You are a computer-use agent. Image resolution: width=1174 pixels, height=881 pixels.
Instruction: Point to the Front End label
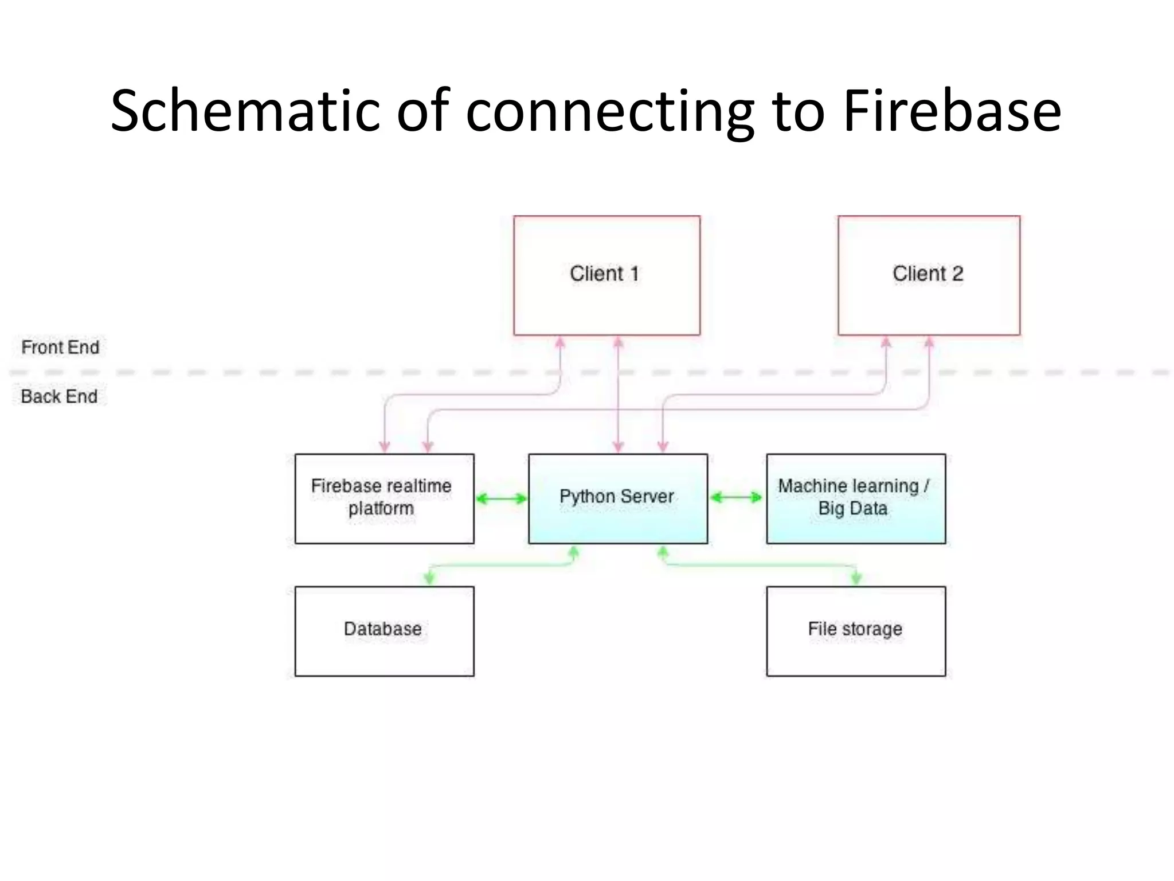pyautogui.click(x=60, y=347)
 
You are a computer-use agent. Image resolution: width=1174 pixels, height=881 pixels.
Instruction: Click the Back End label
pyautogui.click(x=59, y=396)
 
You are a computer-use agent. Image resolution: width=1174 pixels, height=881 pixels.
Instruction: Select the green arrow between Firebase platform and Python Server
pyautogui.click(x=501, y=498)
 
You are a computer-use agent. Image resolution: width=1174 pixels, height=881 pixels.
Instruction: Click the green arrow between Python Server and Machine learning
pyautogui.click(x=737, y=497)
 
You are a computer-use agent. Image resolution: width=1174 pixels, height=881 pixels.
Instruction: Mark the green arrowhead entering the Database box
pyautogui.click(x=429, y=578)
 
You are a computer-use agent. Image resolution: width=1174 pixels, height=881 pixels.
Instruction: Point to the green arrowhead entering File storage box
pyautogui.click(x=856, y=578)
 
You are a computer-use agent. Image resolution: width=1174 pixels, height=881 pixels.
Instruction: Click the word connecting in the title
pyautogui.click(x=610, y=112)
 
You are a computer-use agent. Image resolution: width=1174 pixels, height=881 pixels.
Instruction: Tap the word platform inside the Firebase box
pyautogui.click(x=381, y=509)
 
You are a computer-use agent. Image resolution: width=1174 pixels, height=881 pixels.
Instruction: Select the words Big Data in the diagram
pyautogui.click(x=852, y=509)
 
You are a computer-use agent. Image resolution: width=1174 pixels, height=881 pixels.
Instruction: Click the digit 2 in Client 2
pyautogui.click(x=957, y=274)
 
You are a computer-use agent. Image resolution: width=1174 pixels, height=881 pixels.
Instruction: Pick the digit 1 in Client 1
pyautogui.click(x=635, y=274)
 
